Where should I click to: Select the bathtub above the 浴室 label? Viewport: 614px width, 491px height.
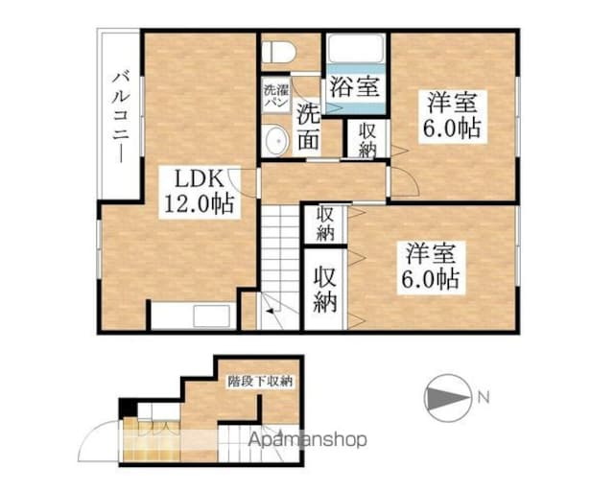(x=355, y=49)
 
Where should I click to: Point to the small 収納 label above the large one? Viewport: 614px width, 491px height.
(x=324, y=222)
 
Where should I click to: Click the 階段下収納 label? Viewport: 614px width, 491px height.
(x=260, y=381)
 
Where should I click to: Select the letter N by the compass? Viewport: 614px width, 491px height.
(x=486, y=396)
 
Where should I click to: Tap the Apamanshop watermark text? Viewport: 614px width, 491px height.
(x=308, y=441)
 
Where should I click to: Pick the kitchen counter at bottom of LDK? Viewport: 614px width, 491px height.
(x=192, y=316)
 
